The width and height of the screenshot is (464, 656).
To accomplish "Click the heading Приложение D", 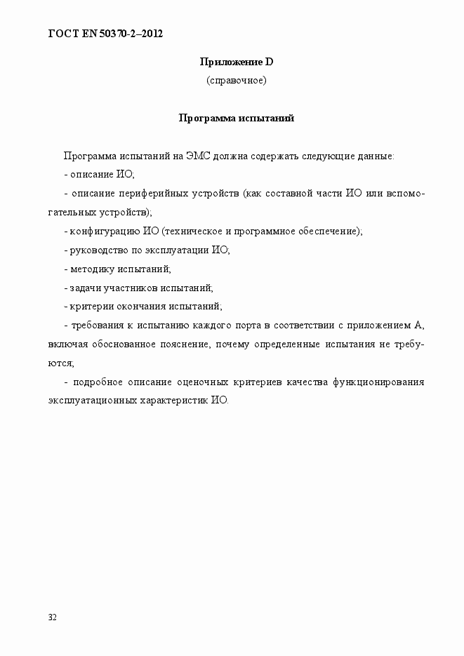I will pos(236,62).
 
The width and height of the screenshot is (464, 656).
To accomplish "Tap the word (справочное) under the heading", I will pos(236,81).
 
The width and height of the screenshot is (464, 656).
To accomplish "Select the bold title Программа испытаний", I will pos(236,118).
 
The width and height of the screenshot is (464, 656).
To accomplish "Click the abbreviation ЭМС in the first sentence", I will pos(197,155).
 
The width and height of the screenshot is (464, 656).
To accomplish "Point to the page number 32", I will pos(53,617).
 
